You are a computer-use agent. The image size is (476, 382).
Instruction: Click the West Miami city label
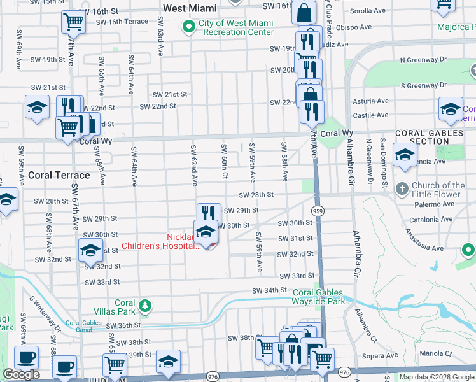coord(190,8)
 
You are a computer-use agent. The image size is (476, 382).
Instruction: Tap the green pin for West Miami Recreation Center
coord(188,27)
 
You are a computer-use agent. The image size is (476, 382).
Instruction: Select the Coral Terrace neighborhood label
coord(59,175)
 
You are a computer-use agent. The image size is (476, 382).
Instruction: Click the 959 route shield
coord(316,210)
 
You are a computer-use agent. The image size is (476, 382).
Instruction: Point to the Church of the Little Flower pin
coord(402,188)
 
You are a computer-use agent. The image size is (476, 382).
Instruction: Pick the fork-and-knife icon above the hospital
coord(209,213)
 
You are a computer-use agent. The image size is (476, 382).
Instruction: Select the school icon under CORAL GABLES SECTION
coord(405,155)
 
